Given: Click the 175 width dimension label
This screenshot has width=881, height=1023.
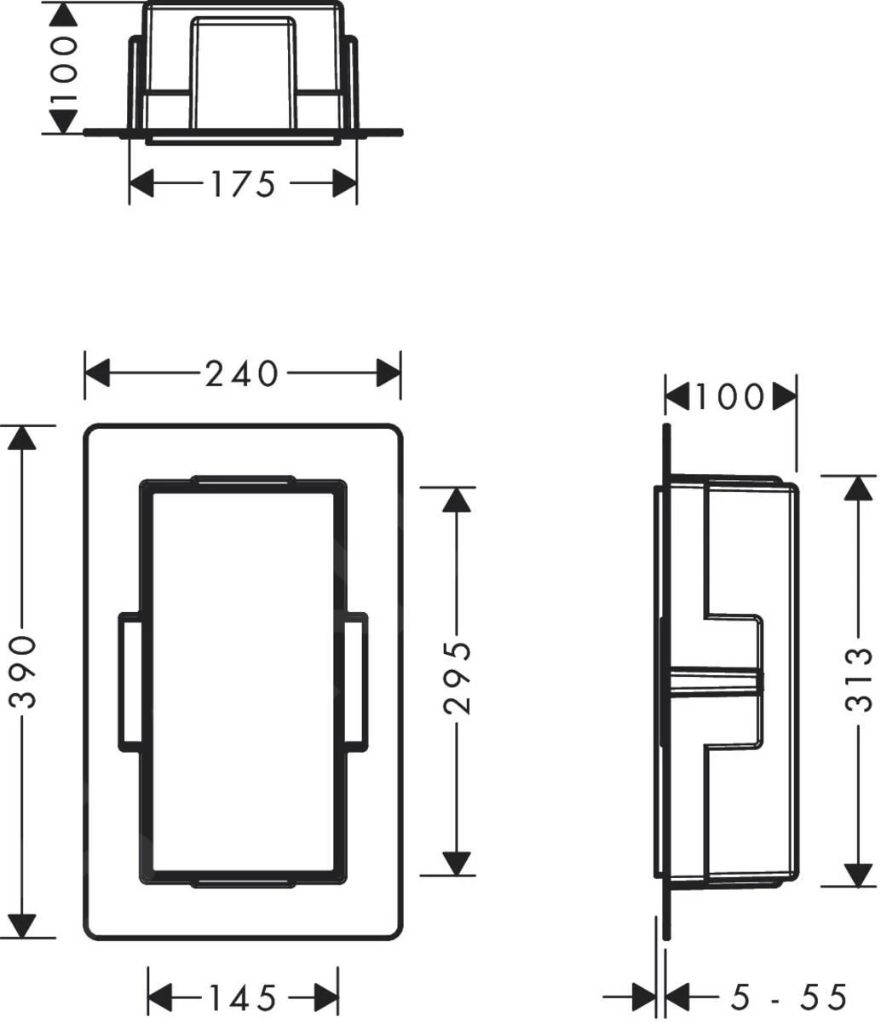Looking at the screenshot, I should (243, 183).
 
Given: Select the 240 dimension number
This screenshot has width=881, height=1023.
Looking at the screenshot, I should (242, 373).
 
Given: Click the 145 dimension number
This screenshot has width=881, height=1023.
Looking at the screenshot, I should (243, 996).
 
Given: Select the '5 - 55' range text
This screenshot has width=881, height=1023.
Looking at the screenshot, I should (789, 996).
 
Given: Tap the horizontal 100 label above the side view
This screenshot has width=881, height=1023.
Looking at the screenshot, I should (730, 396).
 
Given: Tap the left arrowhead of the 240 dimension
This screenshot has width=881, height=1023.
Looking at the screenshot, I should (99, 373).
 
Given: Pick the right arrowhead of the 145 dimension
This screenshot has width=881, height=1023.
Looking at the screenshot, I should (326, 996).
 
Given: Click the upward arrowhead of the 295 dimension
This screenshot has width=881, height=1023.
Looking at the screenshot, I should (458, 500).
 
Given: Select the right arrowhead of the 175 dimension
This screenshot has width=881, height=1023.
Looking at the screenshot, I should (343, 183).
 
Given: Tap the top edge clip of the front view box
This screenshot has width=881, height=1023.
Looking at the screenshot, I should (244, 480).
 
